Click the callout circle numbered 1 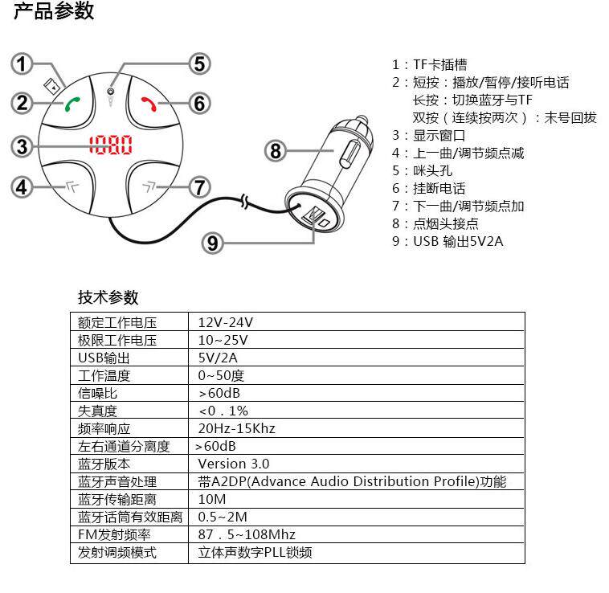point(24,64)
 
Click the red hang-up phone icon point(148,104)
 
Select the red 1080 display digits point(111,146)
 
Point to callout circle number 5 point(198,64)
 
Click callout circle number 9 point(211,242)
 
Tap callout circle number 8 point(276,150)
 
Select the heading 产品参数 point(54,11)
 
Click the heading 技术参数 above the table point(108,297)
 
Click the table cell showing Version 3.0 point(234,464)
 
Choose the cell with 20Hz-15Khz point(236,428)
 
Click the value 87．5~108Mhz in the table point(247,534)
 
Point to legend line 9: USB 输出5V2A point(448,241)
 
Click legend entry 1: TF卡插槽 point(429,65)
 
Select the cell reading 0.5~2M point(223,517)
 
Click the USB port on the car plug point(315,216)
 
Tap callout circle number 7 point(198,187)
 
